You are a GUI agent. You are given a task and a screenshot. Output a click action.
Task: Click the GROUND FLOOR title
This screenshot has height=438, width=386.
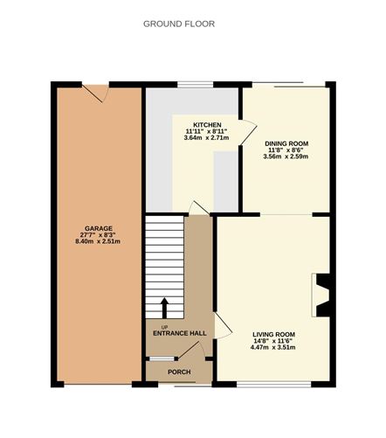click(x=179, y=24)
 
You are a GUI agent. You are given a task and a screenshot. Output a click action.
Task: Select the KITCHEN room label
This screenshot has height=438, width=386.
click(x=206, y=124)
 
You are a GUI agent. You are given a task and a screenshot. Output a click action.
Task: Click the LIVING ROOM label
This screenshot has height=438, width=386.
click(x=273, y=334)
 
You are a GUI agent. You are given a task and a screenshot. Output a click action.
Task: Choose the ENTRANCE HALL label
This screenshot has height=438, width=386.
click(x=179, y=333)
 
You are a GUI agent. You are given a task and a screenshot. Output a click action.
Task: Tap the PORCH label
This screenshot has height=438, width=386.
click(x=179, y=372)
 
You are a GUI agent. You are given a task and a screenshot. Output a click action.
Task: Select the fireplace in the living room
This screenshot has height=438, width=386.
click(x=321, y=295)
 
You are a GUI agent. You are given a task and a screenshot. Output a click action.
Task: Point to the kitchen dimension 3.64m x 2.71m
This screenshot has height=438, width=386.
click(x=206, y=138)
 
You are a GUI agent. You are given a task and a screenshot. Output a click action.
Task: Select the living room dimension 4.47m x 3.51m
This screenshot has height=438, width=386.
click(x=273, y=348)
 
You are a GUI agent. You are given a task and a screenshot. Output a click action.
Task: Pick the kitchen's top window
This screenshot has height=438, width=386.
click(x=194, y=84)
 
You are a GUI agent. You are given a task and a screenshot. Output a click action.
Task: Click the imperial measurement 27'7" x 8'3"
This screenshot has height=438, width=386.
click(x=97, y=235)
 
